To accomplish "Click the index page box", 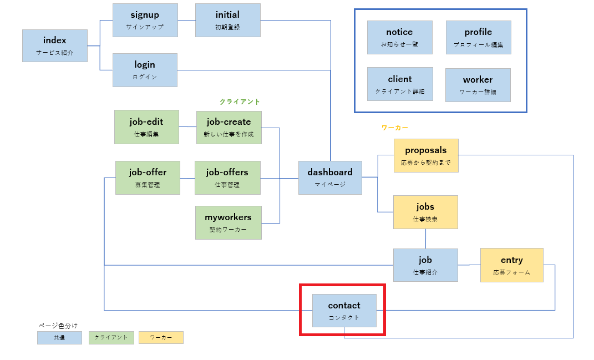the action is [x=55, y=46].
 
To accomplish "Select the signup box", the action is [x=145, y=21].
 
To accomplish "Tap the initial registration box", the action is [x=228, y=21].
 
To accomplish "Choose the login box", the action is [x=145, y=70].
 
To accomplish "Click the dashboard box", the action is [x=330, y=178].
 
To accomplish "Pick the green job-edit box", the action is [x=146, y=127].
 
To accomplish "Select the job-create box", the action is [x=229, y=128].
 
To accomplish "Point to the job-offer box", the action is [x=148, y=178].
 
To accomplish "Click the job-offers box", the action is [x=227, y=178].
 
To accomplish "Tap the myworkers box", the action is [x=229, y=223].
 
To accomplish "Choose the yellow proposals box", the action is [x=426, y=156].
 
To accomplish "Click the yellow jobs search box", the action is [x=425, y=212].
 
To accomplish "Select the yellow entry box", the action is [x=512, y=265].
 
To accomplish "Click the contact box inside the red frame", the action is [x=344, y=311].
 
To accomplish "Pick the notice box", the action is [x=400, y=38].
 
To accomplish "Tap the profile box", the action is [x=479, y=38].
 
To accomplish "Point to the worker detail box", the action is [x=478, y=85].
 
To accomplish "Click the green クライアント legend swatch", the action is [x=111, y=338].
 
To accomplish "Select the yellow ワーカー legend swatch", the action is [x=161, y=338].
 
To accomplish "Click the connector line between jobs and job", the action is [x=425, y=239].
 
